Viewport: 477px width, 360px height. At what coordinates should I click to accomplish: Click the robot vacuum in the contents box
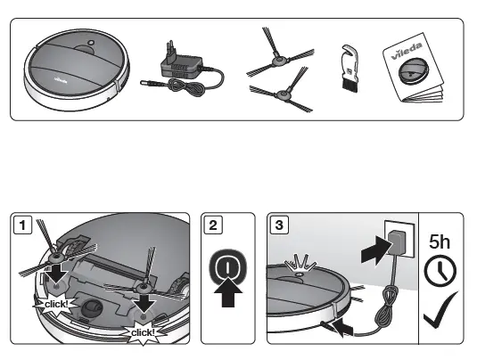coord(79,70)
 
